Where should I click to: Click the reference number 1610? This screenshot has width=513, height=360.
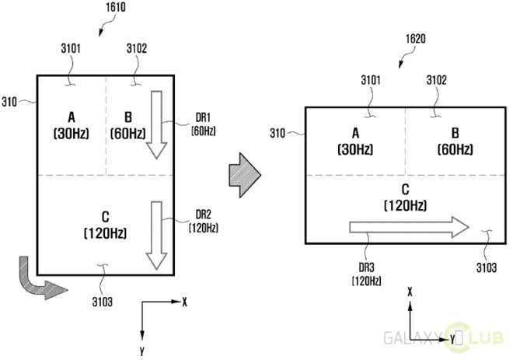click(116, 7)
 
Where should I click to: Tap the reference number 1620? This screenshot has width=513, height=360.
click(416, 39)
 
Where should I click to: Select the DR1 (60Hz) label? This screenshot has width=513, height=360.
click(203, 124)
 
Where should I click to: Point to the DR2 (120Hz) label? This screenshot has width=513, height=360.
click(203, 222)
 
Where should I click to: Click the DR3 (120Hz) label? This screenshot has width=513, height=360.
click(366, 274)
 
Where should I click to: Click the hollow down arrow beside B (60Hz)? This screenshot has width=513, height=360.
click(157, 124)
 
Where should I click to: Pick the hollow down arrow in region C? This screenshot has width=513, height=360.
click(157, 236)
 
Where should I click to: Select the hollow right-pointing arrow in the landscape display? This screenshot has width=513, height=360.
click(410, 227)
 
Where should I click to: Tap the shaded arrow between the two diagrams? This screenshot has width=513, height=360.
click(245, 175)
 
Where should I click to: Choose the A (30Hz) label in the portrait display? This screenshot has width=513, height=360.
click(72, 125)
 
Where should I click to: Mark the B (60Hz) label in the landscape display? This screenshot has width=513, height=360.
click(455, 142)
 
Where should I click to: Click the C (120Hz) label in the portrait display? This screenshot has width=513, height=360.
click(105, 225)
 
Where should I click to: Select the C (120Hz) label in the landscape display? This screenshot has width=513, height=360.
click(405, 197)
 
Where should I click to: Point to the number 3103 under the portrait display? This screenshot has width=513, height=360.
click(102, 302)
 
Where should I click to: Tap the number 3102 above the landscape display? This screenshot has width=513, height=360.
click(437, 80)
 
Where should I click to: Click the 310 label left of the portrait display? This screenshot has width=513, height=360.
click(9, 102)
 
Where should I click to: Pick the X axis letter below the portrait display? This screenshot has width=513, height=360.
click(184, 302)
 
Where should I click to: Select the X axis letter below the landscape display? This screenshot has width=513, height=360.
click(410, 292)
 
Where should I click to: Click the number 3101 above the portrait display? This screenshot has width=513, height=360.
click(71, 48)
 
